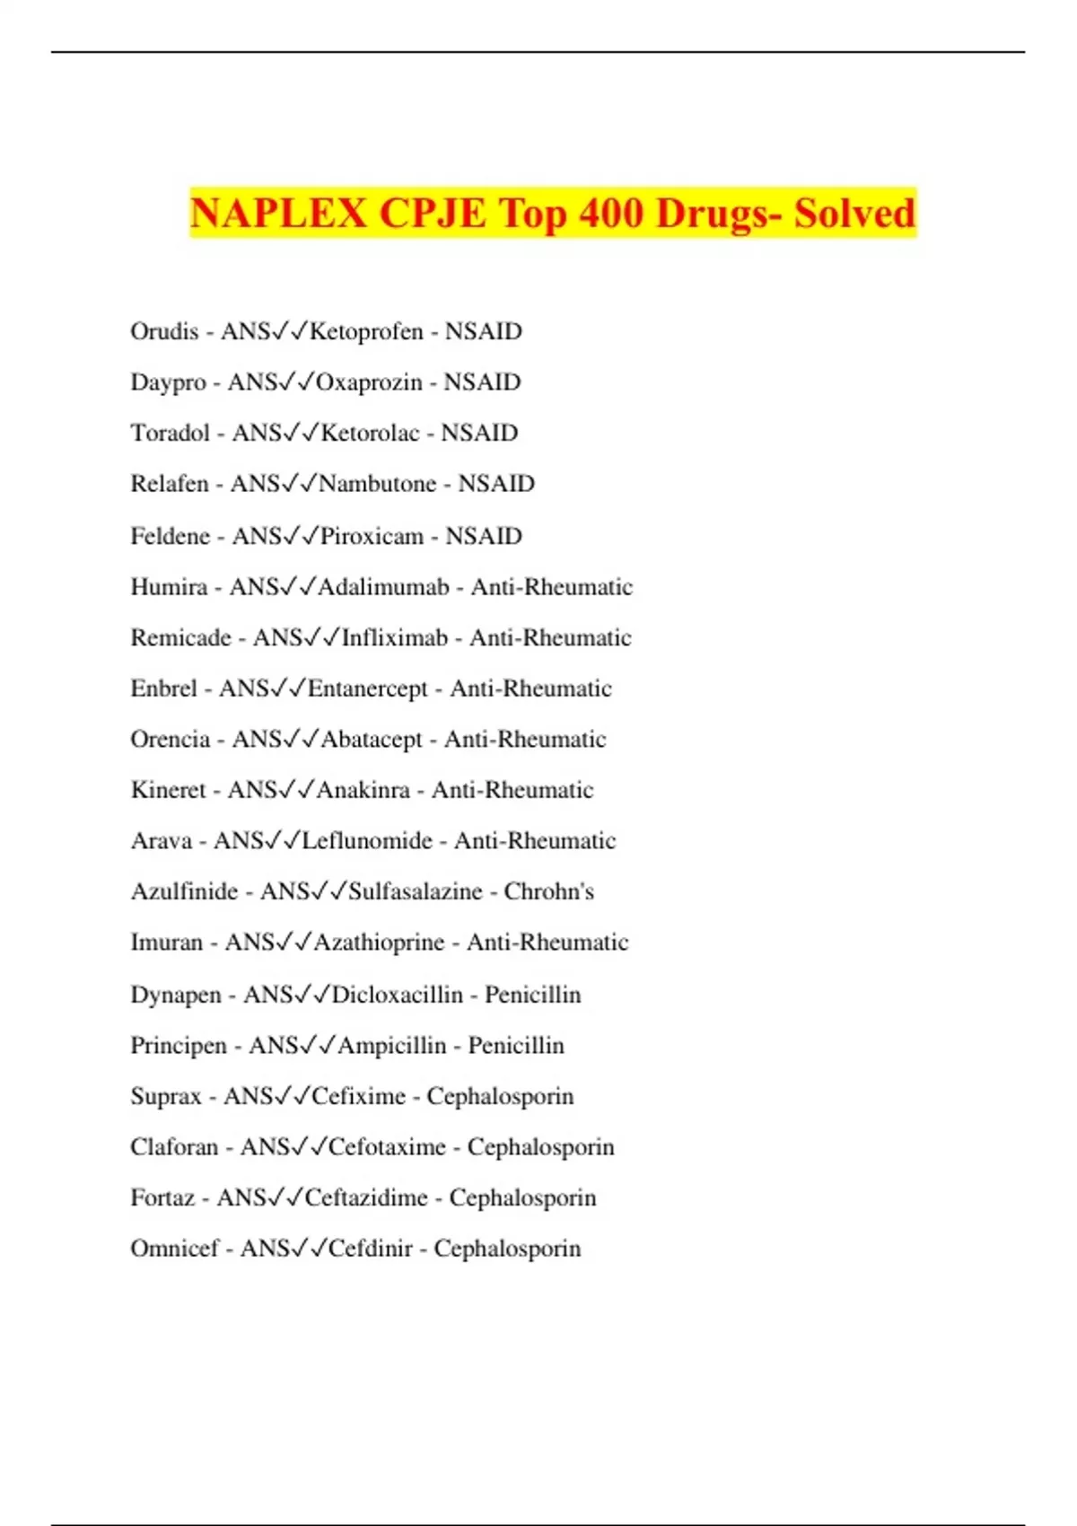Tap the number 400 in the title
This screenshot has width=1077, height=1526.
click(610, 214)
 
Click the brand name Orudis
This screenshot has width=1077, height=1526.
click(164, 331)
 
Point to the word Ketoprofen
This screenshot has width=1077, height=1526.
click(365, 331)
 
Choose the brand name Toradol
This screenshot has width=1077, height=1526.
click(170, 433)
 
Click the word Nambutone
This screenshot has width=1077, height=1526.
click(377, 484)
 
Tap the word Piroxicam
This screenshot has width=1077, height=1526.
click(372, 536)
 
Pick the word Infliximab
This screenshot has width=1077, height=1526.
click(394, 637)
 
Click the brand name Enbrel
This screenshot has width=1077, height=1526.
click(163, 688)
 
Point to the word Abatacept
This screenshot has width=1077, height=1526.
click(371, 740)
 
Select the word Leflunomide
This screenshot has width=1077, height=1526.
click(367, 841)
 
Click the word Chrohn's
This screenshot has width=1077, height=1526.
click(548, 891)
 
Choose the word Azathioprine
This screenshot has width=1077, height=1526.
click(379, 943)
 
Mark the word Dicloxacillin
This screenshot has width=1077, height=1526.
click(397, 995)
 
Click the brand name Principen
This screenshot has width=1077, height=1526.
click(179, 1046)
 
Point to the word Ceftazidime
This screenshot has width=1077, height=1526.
click(365, 1197)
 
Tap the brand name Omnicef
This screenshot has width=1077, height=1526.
click(174, 1249)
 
